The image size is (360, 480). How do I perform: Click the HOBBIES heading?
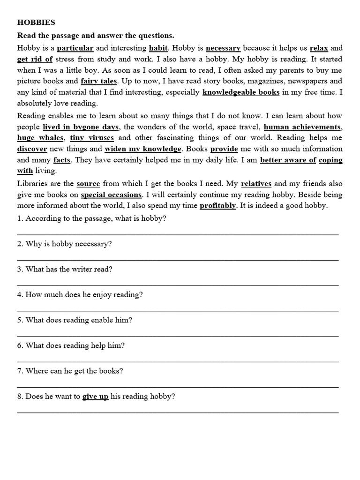[36, 22]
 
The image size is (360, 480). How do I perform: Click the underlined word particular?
[75, 48]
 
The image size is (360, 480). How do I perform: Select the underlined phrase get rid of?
[35, 59]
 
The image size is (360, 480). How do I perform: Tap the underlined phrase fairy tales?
[99, 81]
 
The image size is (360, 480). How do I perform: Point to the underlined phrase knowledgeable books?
[241, 92]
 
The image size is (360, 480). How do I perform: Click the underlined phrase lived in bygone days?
[81, 127]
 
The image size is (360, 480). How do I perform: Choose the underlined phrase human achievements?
[302, 127]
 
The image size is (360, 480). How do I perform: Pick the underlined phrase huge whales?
[40, 138]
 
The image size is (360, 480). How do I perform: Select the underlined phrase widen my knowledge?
[142, 149]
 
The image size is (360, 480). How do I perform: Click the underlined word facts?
[62, 160]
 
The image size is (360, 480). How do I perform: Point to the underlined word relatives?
[256, 183]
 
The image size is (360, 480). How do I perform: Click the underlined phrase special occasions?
[111, 195]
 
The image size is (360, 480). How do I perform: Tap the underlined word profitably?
[217, 205]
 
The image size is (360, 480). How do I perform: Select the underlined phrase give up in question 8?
[95, 397]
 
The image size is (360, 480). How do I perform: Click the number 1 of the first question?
[19, 219]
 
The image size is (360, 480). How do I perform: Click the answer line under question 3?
[178, 285]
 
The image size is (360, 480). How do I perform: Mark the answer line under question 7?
[178, 387]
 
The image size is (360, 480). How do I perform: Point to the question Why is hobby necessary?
[68, 244]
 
